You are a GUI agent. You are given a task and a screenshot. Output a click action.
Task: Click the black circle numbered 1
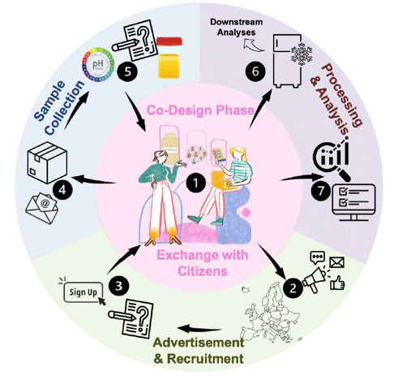click(195, 183)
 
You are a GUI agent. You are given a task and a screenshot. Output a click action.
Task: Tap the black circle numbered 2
click(293, 288)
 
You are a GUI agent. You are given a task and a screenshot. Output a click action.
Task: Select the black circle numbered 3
click(118, 286)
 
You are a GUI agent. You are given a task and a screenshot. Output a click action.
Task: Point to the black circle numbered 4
click(62, 190)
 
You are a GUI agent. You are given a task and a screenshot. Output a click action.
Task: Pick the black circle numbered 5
click(127, 71)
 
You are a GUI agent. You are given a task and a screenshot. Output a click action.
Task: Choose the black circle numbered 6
click(255, 71)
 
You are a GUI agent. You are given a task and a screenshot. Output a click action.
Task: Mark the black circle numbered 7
click(320, 191)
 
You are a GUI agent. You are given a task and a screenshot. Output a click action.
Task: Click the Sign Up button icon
click(83, 291)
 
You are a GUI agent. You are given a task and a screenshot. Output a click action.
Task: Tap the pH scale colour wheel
click(98, 65)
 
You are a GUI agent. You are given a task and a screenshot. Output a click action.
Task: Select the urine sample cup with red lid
click(169, 58)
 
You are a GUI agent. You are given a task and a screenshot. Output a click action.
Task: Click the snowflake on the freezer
click(301, 53)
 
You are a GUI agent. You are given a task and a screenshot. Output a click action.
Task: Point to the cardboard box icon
click(47, 162)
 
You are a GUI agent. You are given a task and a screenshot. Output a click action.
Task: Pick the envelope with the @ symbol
click(42, 208)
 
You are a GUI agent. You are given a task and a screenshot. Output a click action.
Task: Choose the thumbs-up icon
click(337, 283)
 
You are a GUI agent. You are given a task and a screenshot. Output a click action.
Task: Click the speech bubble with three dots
click(317, 257)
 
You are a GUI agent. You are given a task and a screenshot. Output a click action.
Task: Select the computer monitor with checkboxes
click(353, 202)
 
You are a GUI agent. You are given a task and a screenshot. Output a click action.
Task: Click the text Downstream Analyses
click(237, 27)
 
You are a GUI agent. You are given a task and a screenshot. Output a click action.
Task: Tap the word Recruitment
click(205, 358)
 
